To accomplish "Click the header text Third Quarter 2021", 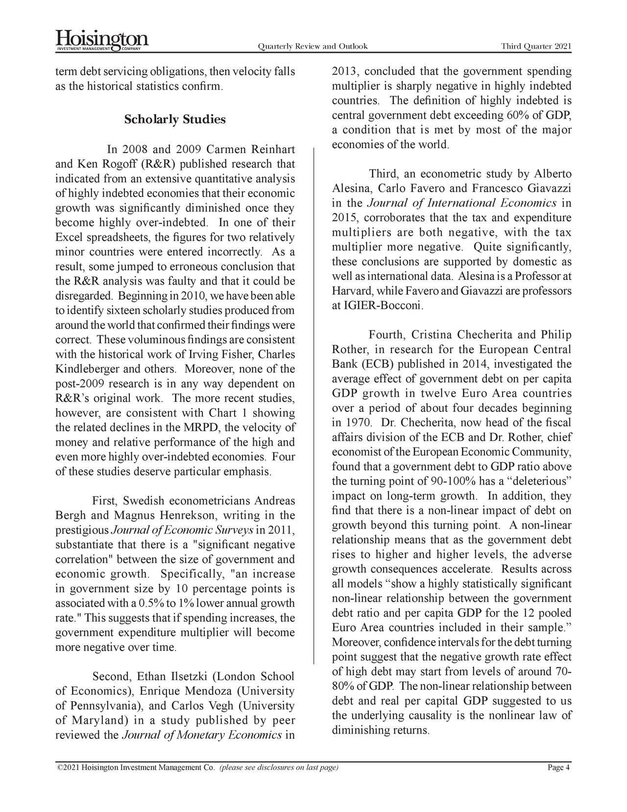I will point(536,47).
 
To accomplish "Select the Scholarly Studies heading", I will point(175,120).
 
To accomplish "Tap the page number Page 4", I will point(559,768).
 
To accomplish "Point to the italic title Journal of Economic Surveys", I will point(182,530).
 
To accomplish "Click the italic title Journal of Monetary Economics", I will point(201,736).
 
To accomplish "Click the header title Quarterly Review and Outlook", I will point(312,47).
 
